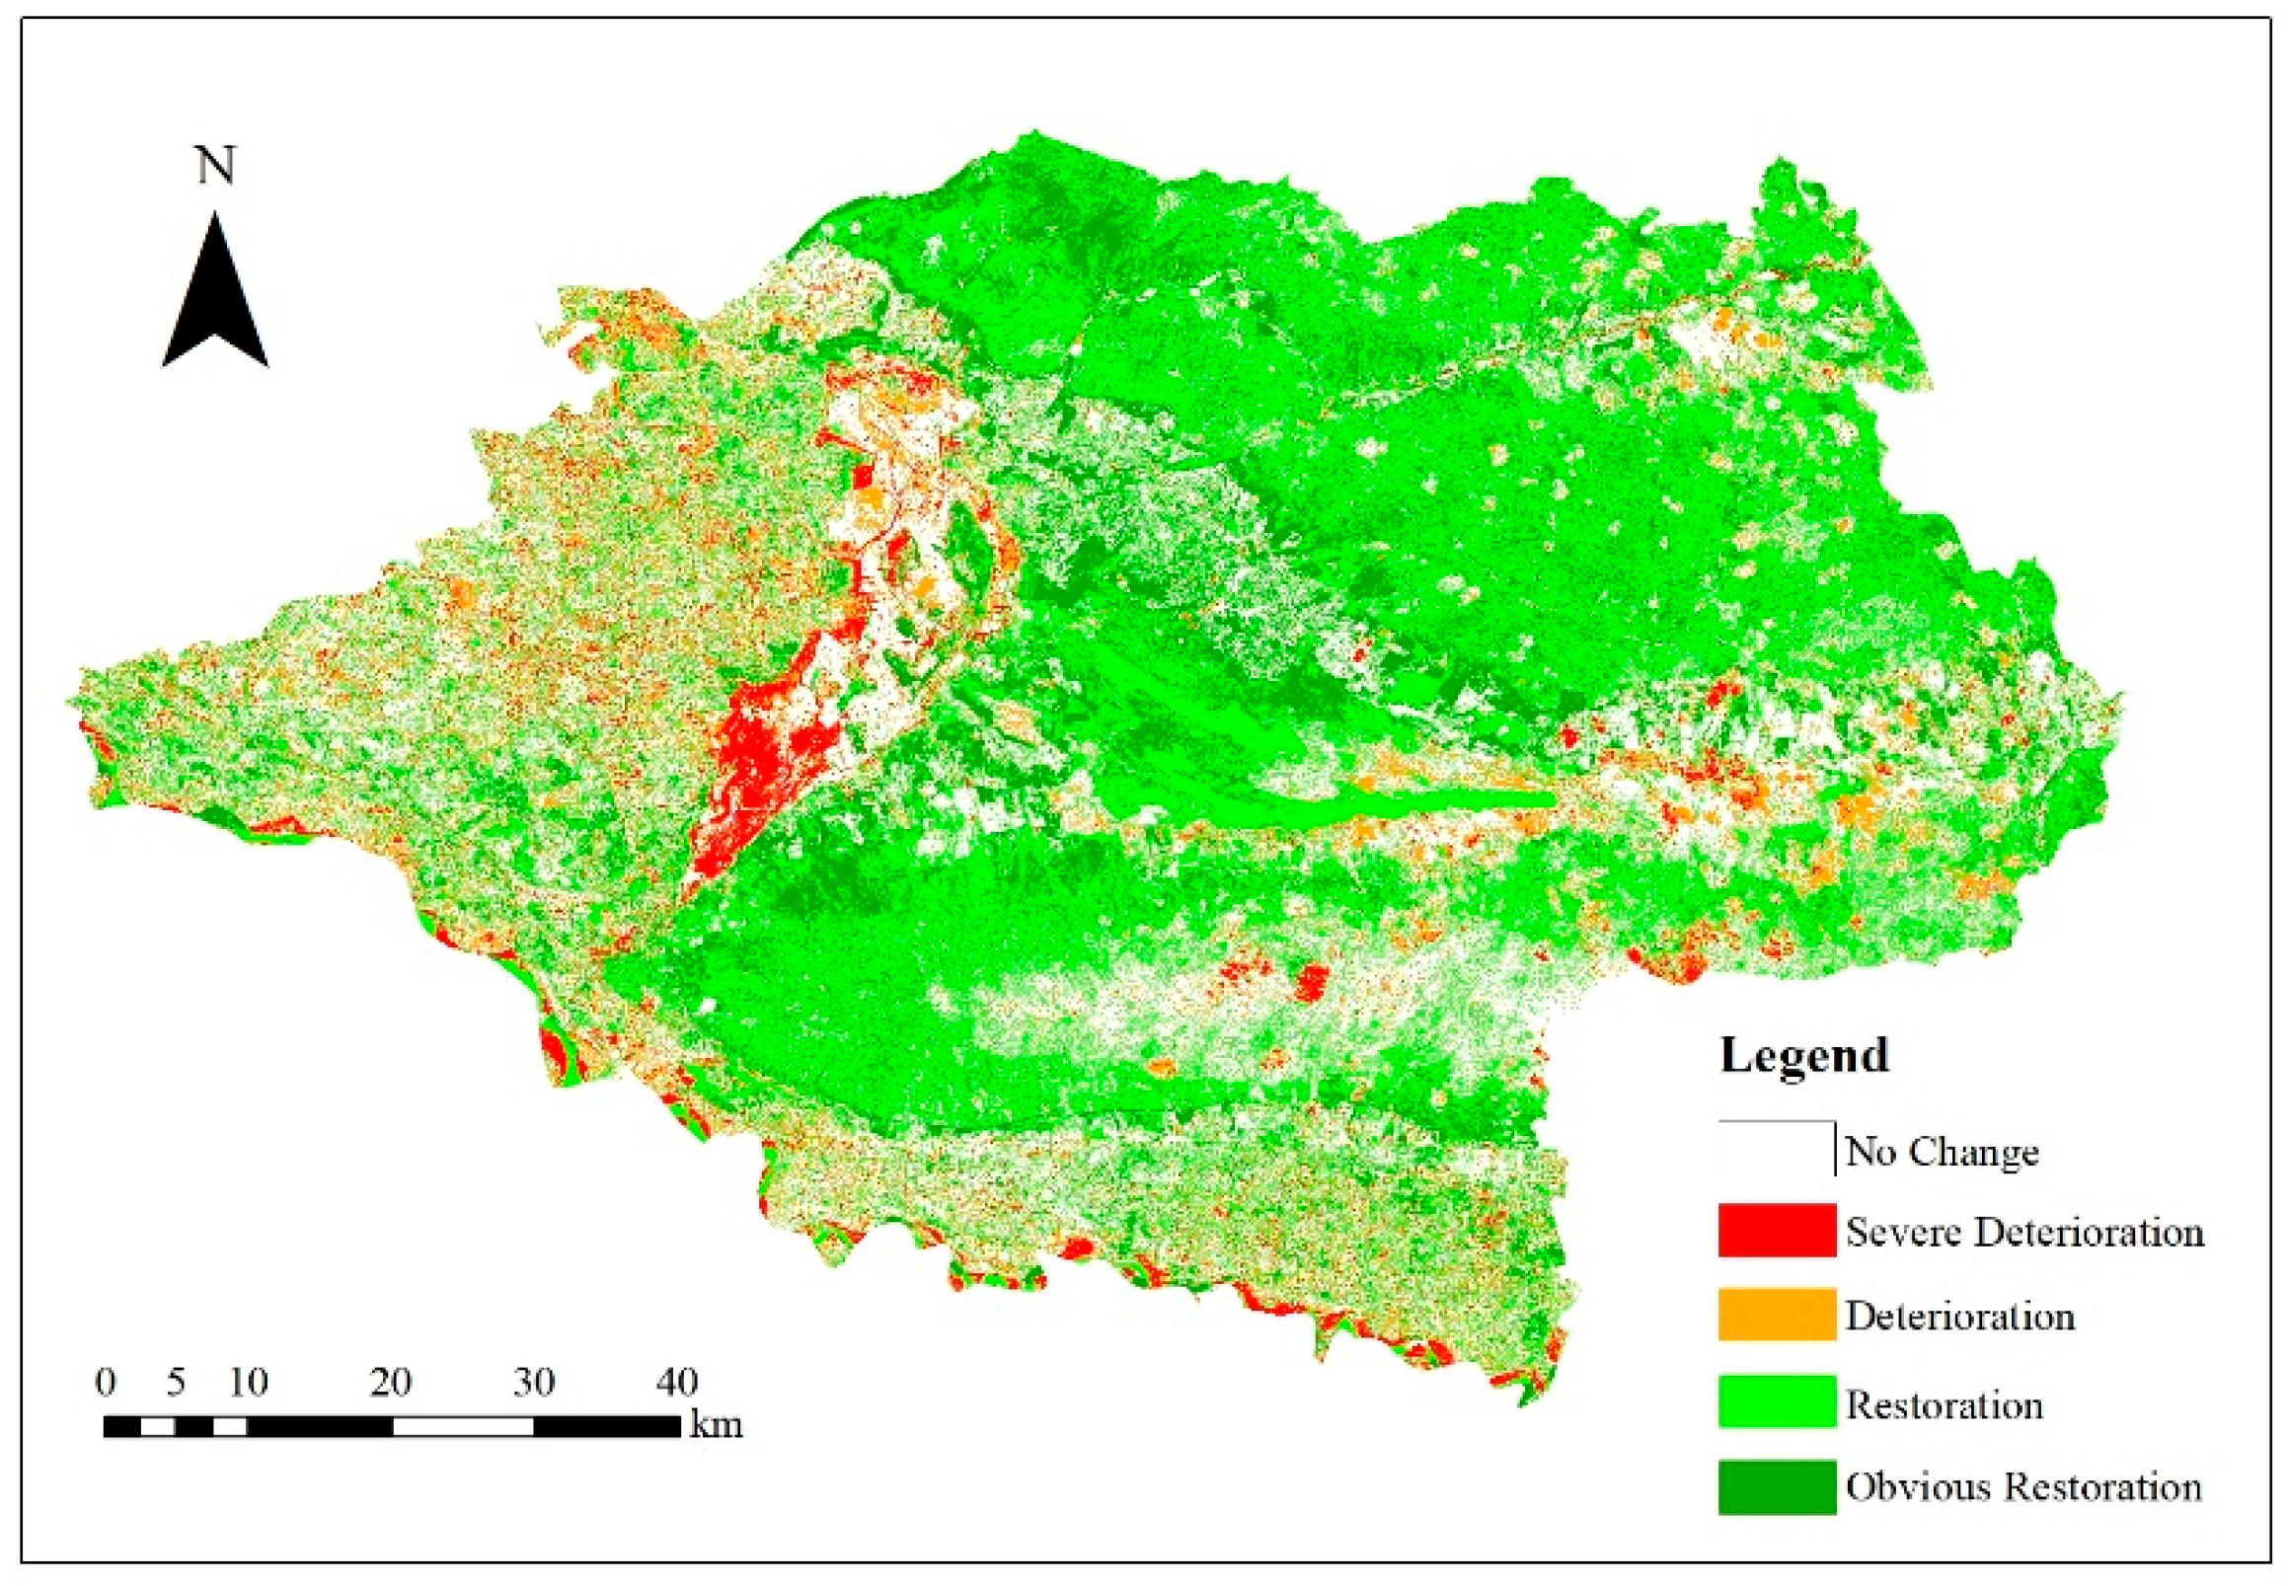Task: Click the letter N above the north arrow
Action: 216,165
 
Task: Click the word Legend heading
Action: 1804,1055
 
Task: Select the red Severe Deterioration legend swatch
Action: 1776,1231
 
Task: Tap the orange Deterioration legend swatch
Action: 1776,1315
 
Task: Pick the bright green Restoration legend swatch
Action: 1776,1401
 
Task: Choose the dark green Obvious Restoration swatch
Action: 1776,1486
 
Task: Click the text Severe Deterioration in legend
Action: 2024,1233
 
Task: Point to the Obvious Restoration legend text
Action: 2023,1486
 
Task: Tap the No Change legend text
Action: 1942,1152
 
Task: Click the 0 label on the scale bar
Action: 106,1383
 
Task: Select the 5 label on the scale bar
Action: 176,1383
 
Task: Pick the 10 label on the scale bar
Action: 248,1383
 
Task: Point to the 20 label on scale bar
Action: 391,1383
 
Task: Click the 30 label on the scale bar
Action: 534,1383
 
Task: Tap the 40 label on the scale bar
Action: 677,1383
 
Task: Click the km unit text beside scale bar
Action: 716,1425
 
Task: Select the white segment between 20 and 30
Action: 463,1427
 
